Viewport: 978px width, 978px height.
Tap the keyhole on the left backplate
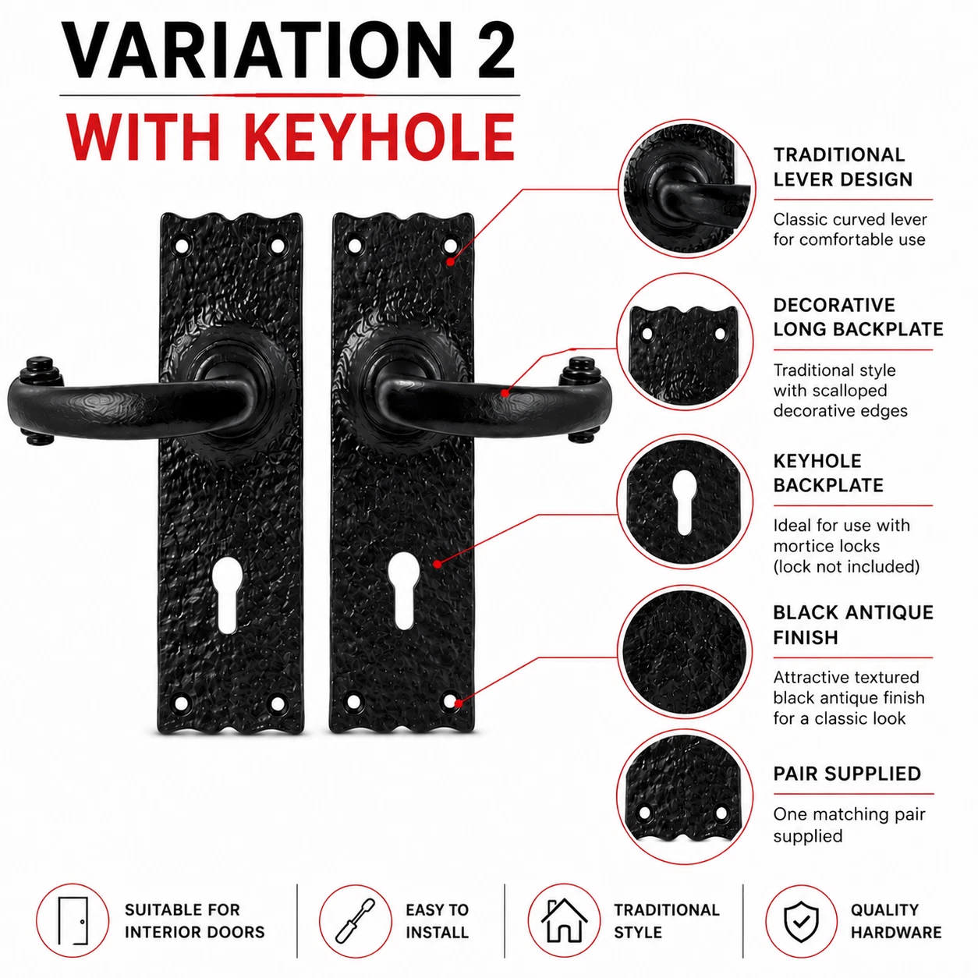click(226, 593)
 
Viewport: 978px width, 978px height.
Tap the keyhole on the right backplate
click(403, 590)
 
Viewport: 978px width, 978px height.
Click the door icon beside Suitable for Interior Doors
click(73, 920)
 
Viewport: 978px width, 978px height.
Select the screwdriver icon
click(356, 920)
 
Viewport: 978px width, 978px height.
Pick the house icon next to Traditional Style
click(564, 920)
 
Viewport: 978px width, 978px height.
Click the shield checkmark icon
click(801, 921)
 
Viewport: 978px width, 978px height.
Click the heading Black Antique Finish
click(853, 625)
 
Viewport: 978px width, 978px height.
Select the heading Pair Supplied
click(846, 774)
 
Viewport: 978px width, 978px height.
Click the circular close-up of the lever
click(686, 188)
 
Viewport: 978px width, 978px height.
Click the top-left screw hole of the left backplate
click(181, 246)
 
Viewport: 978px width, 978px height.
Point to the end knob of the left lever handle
click(37, 369)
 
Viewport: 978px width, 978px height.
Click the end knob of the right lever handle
click(579, 368)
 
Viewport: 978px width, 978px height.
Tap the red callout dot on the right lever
click(505, 392)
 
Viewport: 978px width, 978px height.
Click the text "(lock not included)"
click(846, 566)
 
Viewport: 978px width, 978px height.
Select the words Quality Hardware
click(896, 920)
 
